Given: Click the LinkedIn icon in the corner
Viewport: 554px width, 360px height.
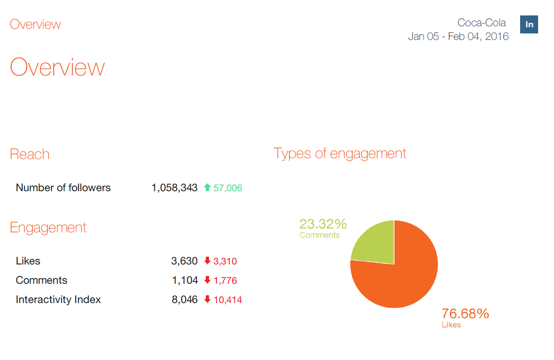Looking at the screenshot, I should coord(529,24).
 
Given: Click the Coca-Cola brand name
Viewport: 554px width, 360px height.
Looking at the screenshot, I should coord(482,23).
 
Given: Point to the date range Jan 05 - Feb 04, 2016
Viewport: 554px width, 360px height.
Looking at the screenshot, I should coord(458,36).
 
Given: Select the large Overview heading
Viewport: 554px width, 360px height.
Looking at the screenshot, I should coord(57,67).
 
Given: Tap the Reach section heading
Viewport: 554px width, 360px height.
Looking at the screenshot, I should coord(30,154).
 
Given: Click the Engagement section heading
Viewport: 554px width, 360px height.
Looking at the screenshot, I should coord(48,228).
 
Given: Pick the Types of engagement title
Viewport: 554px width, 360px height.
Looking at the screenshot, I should coord(340,153).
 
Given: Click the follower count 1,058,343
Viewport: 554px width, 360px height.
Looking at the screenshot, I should coord(175,188).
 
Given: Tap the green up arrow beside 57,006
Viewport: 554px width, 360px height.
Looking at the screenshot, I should coord(208,187).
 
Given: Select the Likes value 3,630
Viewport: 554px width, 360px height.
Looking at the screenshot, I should coord(184,261).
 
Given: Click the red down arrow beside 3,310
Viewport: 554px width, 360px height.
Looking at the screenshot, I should coord(208,261).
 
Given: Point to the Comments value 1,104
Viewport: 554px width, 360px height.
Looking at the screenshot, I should coord(185,280).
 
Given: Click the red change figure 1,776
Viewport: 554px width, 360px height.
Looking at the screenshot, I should coord(225,281).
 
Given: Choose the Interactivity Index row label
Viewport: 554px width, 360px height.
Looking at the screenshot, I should coord(58,300).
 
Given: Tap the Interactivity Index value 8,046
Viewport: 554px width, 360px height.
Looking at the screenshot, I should coord(185,300).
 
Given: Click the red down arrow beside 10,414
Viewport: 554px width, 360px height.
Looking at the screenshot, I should coord(208,299).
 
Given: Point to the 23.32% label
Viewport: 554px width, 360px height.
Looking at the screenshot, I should coord(323,224).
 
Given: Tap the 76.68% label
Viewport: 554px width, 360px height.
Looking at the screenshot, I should coord(465,314).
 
